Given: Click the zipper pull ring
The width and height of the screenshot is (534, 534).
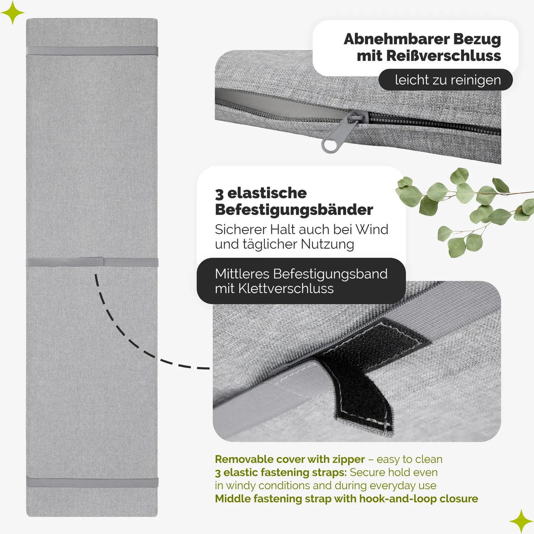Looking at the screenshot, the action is tap(327, 145).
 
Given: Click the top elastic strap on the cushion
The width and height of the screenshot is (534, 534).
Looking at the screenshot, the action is tap(92, 51).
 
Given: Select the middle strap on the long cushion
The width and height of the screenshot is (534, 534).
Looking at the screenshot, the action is tap(92, 262).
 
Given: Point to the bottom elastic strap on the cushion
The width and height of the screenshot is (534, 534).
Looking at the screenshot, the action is tap(92, 483).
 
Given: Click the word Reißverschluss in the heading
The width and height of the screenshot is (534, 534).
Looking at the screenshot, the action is tap(429, 56).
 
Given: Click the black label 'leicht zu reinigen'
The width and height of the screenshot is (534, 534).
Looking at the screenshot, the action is tap(445, 80).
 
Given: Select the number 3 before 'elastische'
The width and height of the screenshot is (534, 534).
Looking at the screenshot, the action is tap(219, 194).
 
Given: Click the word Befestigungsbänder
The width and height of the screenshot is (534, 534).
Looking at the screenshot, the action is tap(294, 210).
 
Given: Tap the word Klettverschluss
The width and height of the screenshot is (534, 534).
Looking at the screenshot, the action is tap(286, 288).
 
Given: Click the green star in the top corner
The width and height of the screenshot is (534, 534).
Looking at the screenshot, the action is tap(12, 12).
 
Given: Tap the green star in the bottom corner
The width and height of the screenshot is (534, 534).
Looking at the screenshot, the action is tap(521, 521).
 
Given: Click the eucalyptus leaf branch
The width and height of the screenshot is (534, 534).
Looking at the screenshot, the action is tap(465, 212).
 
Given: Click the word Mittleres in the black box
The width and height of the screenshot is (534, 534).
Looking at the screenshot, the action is tap(242, 274).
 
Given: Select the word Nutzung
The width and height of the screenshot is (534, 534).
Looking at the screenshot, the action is tap(327, 245).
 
